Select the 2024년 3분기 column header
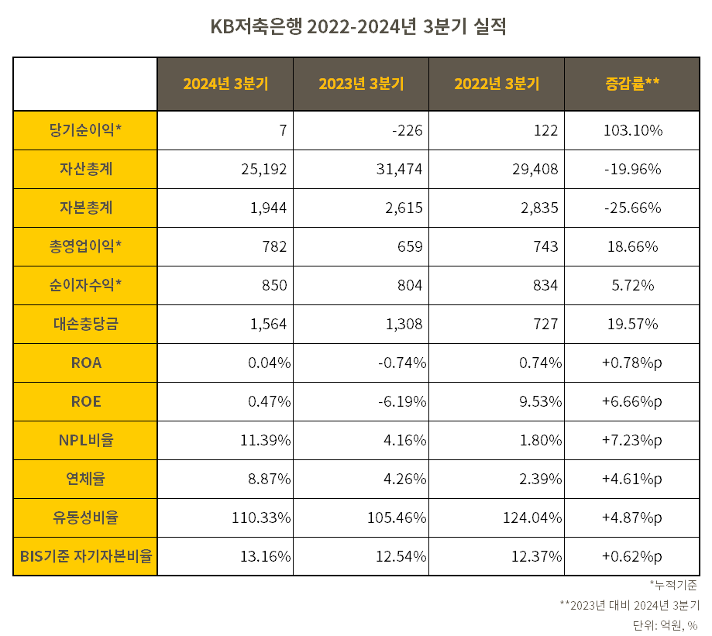point(225,84)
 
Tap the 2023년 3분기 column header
point(361,84)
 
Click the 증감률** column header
point(632,84)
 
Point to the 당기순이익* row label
point(85,130)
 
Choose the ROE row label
point(85,401)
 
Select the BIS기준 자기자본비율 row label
point(85,556)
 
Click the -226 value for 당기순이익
point(407,130)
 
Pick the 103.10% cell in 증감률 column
point(632,130)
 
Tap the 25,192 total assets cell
point(264,169)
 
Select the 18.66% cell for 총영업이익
point(632,246)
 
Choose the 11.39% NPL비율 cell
point(265,440)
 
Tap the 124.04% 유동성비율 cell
point(531,517)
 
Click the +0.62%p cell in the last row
point(632,556)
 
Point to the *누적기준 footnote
point(672,585)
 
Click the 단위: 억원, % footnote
point(665,624)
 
